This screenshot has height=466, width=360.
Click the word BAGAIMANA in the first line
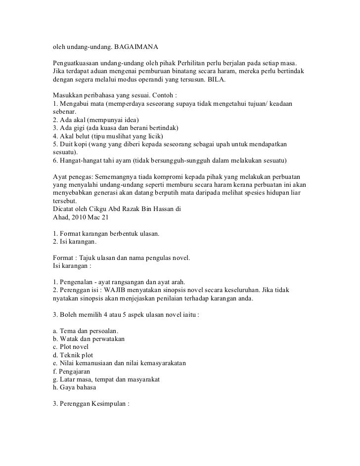click(x=135, y=47)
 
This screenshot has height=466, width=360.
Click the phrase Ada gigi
click(x=74, y=128)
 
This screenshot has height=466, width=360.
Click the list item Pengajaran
click(x=74, y=371)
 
